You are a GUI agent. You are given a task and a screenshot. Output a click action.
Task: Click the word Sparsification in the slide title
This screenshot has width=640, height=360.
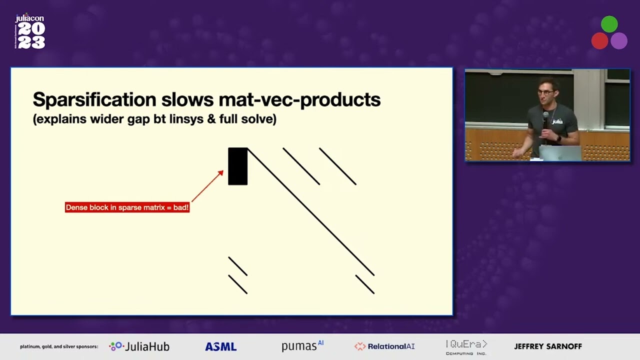point(94,100)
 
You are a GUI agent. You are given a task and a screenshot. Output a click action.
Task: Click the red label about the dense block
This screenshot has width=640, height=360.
point(127,207)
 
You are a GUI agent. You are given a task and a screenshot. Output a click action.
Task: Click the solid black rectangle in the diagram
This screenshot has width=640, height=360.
point(238,166)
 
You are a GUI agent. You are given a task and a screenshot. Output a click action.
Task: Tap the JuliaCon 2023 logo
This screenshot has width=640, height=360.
point(30,32)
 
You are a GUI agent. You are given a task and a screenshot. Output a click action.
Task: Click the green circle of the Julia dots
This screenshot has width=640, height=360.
point(609,24)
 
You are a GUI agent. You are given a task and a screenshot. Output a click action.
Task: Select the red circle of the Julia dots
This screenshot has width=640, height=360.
point(599,41)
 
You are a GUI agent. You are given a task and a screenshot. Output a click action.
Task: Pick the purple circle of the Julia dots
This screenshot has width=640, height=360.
point(619,41)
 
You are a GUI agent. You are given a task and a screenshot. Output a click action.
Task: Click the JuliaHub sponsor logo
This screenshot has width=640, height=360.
point(139,346)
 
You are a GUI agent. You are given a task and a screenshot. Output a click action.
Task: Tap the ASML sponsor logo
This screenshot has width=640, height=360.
point(220,346)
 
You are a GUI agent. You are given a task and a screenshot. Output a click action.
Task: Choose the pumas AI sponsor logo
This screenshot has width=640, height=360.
point(302,346)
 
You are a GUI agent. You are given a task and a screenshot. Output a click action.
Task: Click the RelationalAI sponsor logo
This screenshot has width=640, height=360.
point(384,346)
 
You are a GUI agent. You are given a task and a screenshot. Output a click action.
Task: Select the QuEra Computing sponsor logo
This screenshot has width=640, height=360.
point(466,347)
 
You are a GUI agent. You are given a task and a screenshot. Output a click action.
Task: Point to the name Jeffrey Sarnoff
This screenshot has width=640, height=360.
point(548,346)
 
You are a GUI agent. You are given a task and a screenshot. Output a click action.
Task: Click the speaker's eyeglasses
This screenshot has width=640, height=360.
point(545,92)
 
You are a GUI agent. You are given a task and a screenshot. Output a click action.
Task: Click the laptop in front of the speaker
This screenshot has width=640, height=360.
point(560,153)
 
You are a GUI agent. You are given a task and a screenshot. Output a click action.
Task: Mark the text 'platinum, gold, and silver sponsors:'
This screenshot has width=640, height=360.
point(59,346)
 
